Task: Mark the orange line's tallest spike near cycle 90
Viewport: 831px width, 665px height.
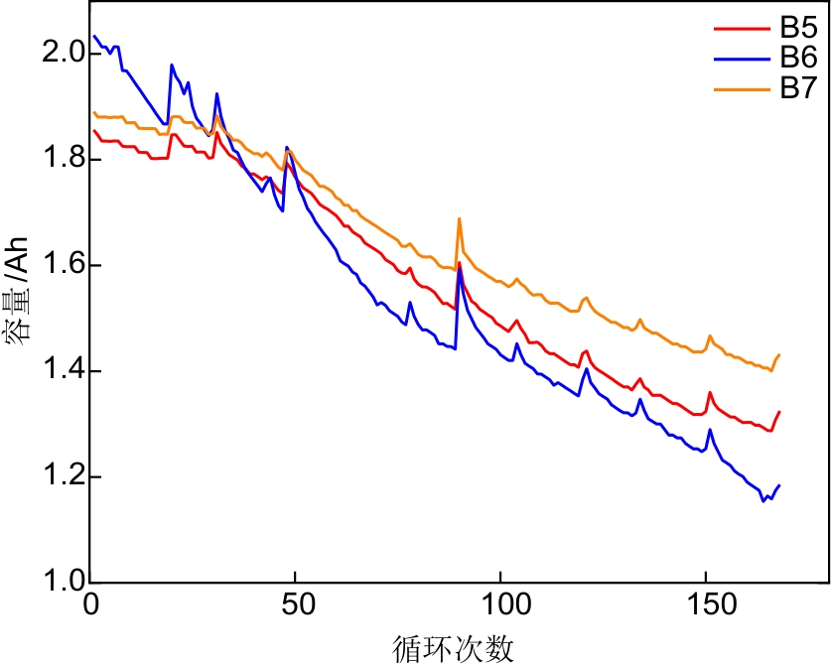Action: (x=459, y=219)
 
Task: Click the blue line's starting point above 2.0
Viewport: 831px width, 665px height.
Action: (x=94, y=37)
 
